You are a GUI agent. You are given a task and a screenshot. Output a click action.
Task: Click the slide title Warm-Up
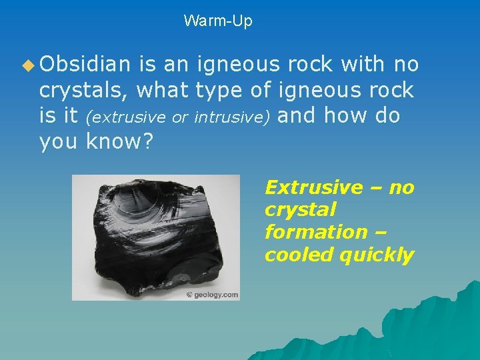(x=218, y=21)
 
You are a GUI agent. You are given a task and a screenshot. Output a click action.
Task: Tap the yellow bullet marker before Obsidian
(x=27, y=65)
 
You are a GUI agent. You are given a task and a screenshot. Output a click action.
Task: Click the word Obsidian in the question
(x=85, y=64)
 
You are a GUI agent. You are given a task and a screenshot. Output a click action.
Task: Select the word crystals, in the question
(x=84, y=90)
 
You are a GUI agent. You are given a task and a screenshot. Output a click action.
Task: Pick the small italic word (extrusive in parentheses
(x=127, y=118)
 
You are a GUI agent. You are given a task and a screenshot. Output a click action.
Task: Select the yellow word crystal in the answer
(x=300, y=210)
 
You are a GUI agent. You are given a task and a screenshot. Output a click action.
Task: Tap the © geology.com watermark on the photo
(x=211, y=295)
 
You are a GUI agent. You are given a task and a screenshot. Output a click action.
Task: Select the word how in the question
(x=342, y=115)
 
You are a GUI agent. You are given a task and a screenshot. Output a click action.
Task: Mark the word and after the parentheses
(x=298, y=115)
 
